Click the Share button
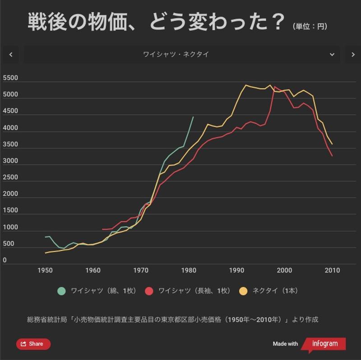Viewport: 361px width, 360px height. pos(33,344)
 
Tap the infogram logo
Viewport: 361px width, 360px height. pos(324,344)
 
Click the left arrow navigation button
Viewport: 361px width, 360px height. pos(11,55)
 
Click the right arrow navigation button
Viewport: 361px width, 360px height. pos(353,55)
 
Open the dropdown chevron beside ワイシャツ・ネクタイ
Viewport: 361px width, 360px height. pos(332,55)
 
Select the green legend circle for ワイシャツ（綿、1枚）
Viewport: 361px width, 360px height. pos(61,291)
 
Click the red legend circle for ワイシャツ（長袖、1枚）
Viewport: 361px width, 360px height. pos(149,291)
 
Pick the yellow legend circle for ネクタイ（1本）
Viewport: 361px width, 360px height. pos(243,291)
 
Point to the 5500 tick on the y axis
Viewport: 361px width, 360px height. pos(10,78)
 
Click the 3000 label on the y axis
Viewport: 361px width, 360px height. pos(10,161)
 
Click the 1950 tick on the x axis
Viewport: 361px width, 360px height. pos(45,270)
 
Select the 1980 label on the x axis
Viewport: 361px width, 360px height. pos(189,270)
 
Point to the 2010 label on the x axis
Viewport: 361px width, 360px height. pos(332,270)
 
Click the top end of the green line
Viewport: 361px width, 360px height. pos(193,117)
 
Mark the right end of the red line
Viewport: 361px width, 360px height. pos(332,156)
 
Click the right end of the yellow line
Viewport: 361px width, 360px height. pos(332,144)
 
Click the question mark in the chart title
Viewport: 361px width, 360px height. pos(279,22)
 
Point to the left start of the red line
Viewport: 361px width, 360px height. pos(102,229)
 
